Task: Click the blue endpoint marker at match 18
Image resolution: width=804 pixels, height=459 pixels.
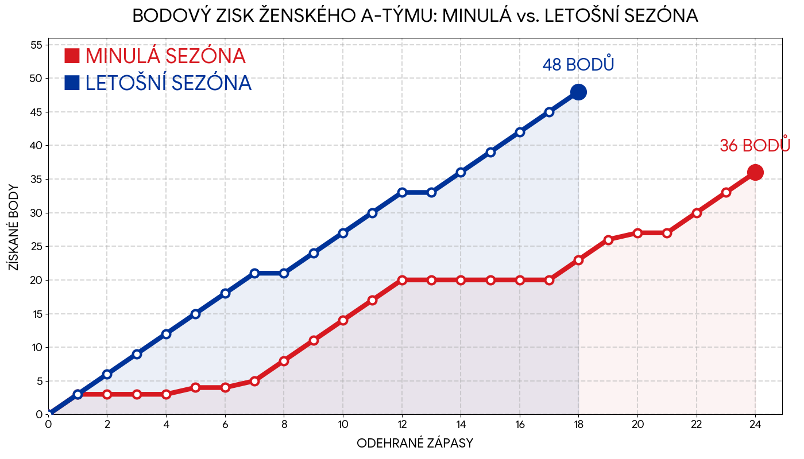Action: coord(578,92)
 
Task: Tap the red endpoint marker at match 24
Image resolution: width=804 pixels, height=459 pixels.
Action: coord(755,172)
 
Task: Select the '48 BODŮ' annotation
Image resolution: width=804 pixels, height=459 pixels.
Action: coord(578,65)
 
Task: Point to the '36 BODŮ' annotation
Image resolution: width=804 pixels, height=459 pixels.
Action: coord(755,146)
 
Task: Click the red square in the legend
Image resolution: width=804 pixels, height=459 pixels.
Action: coord(72,56)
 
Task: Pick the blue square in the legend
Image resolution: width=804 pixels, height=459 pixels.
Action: coord(72,83)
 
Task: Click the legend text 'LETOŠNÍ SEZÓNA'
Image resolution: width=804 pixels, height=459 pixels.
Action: coord(168,83)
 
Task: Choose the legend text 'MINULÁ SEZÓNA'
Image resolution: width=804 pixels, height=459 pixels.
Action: coord(165,56)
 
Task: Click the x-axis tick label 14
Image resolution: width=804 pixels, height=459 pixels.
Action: coord(461,425)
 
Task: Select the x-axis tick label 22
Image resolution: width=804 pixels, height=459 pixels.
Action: coord(696,425)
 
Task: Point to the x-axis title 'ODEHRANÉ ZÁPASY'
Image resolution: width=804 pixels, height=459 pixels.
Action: coord(415,443)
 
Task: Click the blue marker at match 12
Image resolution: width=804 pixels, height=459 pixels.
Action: coord(402,192)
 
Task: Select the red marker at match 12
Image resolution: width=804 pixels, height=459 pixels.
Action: coord(402,280)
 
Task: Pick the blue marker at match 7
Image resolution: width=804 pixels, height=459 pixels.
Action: coord(254,273)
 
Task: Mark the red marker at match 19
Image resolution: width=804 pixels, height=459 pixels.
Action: coord(608,240)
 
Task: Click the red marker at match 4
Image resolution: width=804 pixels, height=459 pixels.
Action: coord(166,394)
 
